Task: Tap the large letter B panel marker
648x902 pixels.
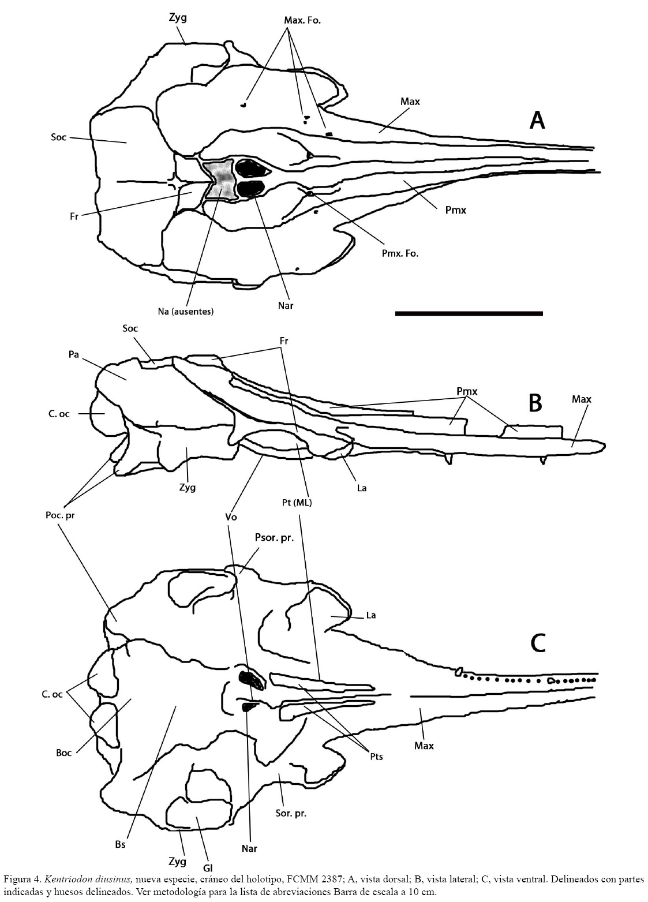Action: coord(535,403)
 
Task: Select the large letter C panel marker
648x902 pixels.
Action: coord(538,642)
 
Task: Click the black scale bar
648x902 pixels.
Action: coord(469,313)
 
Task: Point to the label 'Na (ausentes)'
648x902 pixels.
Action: coord(185,312)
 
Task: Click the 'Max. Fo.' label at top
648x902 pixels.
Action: coord(302,20)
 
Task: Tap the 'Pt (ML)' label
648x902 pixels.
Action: coord(299,503)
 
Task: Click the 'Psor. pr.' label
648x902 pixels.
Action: coord(274,538)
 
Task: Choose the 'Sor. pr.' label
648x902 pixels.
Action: coord(290,813)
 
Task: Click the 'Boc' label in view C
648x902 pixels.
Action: coord(64,753)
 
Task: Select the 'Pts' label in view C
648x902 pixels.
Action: coord(376,757)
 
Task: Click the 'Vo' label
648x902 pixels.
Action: coord(231,517)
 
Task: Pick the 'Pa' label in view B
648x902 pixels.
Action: coord(73,354)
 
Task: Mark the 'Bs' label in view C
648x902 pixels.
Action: coord(120,844)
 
